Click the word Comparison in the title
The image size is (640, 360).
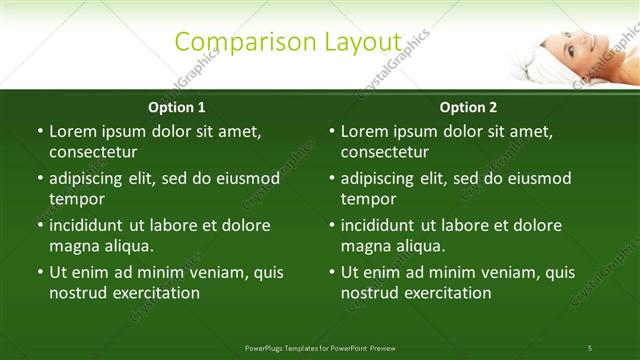pyautogui.click(x=230, y=42)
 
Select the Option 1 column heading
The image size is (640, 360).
pyautogui.click(x=177, y=107)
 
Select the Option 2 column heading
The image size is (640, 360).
pyautogui.click(x=468, y=107)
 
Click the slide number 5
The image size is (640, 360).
pyautogui.click(x=590, y=348)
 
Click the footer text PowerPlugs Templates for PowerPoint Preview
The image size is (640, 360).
pyautogui.click(x=320, y=348)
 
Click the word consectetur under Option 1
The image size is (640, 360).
pyautogui.click(x=93, y=152)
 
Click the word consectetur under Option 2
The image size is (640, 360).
pyautogui.click(x=385, y=152)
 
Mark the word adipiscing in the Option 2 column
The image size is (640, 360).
pyautogui.click(x=383, y=178)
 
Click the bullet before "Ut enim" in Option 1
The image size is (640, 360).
pyautogui.click(x=39, y=272)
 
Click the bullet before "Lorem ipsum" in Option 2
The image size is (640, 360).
pyautogui.click(x=331, y=131)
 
